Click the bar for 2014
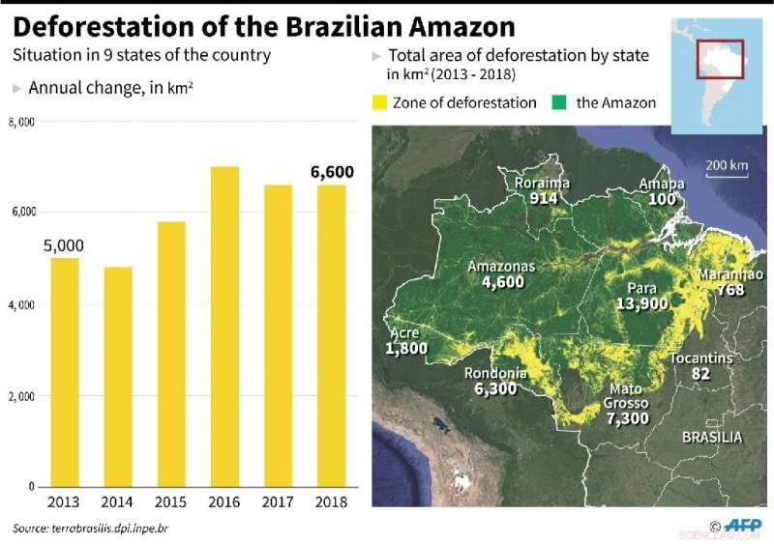tap(117, 377)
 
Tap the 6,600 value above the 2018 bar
tap(332, 172)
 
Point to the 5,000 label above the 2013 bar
tap(63, 245)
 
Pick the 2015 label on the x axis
tap(171, 503)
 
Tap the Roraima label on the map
tap(542, 183)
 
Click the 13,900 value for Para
tap(641, 303)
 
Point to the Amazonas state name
tap(501, 267)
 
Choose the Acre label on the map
tap(403, 333)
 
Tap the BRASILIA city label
tap(712, 437)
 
